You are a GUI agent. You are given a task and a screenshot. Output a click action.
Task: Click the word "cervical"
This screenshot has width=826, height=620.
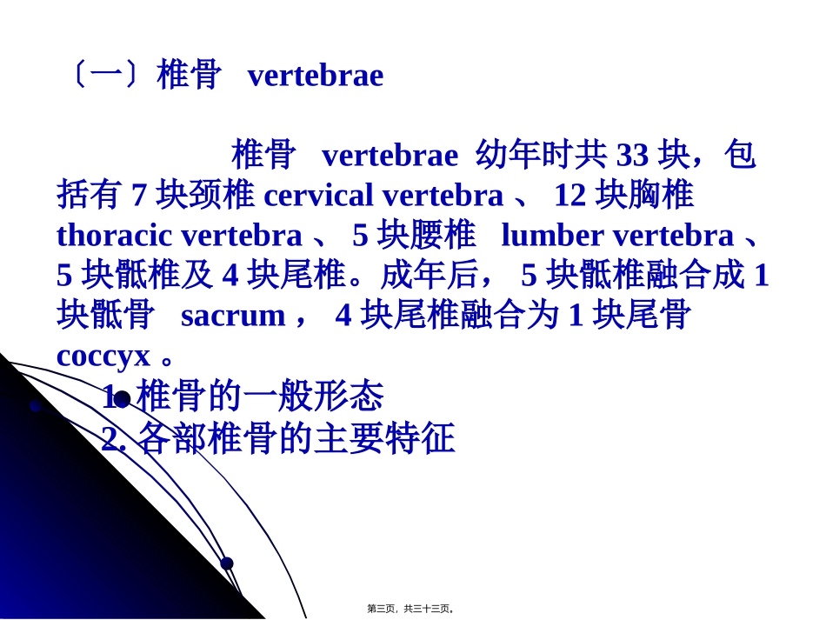point(318,196)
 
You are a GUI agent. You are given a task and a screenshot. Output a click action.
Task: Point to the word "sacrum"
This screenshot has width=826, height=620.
point(232,316)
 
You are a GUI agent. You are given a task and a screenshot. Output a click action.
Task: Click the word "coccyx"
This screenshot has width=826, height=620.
point(103,356)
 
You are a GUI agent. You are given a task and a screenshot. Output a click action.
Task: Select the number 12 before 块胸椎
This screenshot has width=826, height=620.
point(570,196)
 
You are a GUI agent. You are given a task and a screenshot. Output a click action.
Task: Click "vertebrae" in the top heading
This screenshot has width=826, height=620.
point(315,76)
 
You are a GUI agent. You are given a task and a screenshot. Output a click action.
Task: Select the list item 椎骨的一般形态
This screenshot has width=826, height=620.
point(260,397)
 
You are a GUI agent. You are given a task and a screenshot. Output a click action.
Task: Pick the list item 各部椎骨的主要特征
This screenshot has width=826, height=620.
point(296,439)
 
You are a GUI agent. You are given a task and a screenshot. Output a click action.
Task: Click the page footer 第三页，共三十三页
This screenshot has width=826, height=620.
point(410,609)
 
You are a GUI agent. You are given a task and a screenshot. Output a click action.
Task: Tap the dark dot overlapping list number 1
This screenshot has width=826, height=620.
point(122,399)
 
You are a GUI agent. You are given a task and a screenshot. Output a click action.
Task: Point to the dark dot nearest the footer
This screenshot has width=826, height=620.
point(227,563)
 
